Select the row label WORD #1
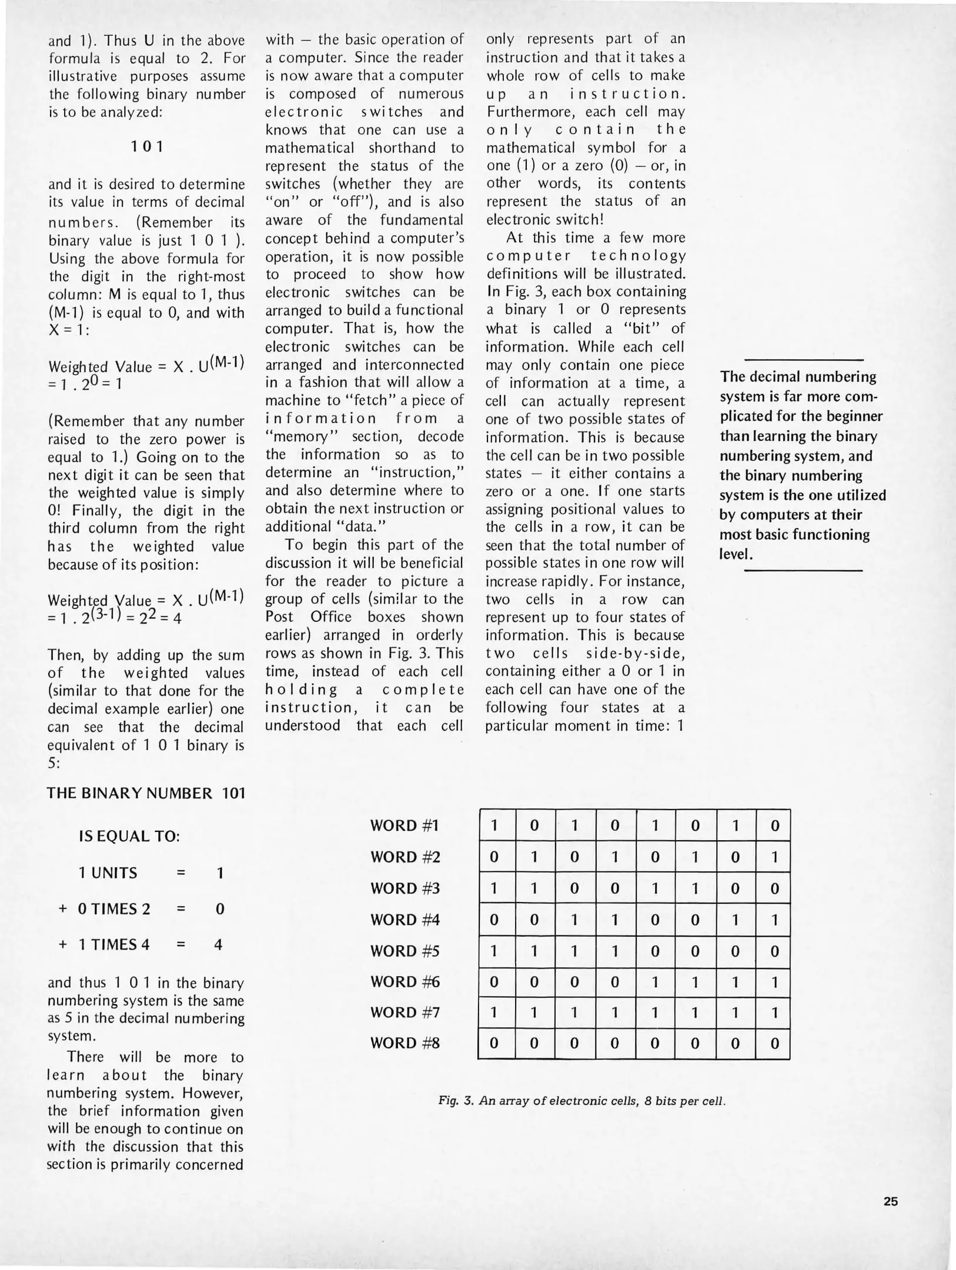point(405,825)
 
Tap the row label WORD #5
point(405,951)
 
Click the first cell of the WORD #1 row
point(494,825)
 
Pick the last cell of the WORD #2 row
point(774,857)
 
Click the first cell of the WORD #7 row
point(494,1012)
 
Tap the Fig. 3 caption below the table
point(582,1101)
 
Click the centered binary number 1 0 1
point(146,146)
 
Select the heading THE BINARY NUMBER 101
point(146,793)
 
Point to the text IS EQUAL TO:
point(129,836)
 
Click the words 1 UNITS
point(108,873)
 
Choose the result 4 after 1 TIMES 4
point(219,945)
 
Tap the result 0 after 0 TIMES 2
point(219,909)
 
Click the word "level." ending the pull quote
point(736,554)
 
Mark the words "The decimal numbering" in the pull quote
point(798,376)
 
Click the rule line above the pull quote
point(804,360)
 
